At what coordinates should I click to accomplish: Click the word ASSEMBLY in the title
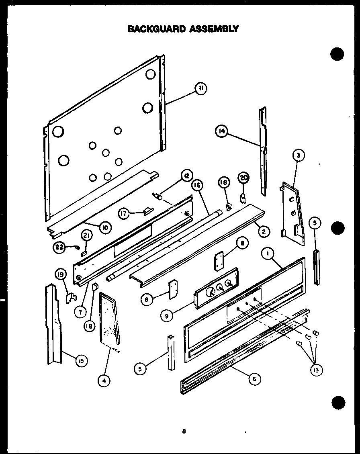[214, 29]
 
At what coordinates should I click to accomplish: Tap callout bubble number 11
[201, 89]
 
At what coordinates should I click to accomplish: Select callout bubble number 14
[221, 131]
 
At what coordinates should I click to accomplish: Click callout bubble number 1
[266, 253]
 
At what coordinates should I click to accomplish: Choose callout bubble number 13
[315, 370]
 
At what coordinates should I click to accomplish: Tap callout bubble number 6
[254, 378]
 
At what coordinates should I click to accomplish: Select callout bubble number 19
[61, 275]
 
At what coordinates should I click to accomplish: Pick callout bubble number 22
[59, 248]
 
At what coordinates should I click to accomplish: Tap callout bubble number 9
[166, 316]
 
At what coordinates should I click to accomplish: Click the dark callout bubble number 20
[244, 178]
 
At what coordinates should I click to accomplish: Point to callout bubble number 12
[186, 176]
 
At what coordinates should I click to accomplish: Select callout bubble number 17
[124, 214]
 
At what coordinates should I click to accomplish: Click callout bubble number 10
[105, 228]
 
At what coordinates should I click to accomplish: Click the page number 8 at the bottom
[183, 432]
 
